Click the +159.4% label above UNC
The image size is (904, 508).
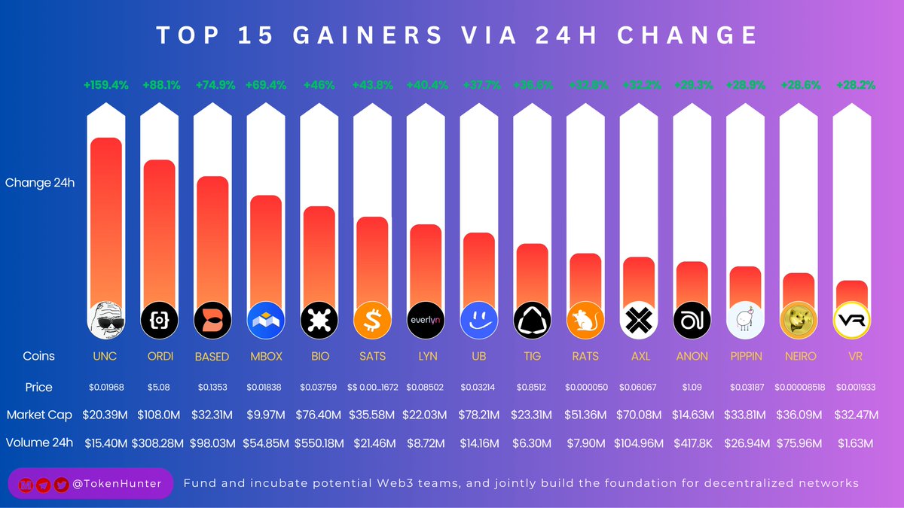coord(105,86)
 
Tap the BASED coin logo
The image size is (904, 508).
coord(212,321)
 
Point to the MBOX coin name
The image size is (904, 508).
coord(265,356)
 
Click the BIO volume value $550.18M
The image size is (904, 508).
coord(319,443)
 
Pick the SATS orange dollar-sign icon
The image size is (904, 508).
coord(372,321)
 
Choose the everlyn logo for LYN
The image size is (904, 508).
coord(426,321)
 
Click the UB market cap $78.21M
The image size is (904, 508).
coord(479,415)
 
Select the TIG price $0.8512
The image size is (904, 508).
coord(532,388)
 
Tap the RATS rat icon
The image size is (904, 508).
coord(585,321)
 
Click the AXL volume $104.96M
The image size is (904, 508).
coord(639,443)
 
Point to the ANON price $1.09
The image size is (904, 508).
coord(692,388)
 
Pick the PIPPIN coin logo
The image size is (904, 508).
coord(745,321)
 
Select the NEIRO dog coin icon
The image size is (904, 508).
coord(799,321)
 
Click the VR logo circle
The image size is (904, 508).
coord(852,321)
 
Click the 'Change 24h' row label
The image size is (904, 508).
coord(40,183)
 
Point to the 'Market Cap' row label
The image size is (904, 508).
coord(40,415)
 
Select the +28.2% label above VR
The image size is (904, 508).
coord(856,86)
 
